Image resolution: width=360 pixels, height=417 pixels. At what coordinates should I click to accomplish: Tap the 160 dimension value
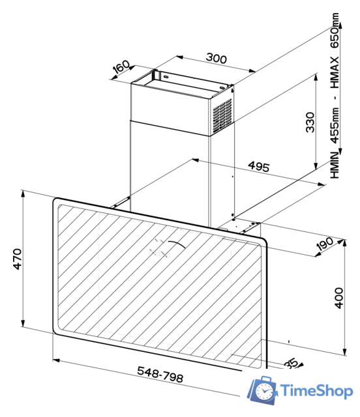[x=122, y=68]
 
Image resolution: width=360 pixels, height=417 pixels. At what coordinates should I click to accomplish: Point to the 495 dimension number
[x=258, y=167]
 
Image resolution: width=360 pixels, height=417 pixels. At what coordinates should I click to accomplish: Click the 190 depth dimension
[x=324, y=244]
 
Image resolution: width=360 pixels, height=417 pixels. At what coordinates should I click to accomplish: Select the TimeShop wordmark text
[x=317, y=391]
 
